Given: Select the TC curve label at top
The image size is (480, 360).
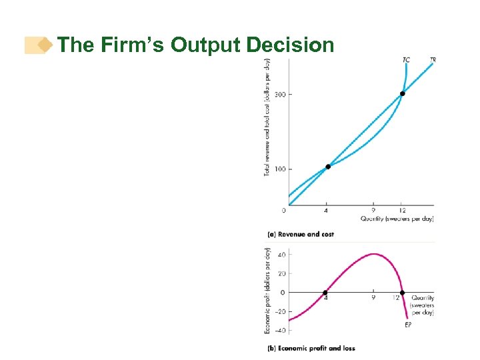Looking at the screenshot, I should click(x=406, y=61).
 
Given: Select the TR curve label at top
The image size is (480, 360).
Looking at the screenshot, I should click(x=433, y=61).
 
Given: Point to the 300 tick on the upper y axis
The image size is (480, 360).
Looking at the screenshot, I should click(x=279, y=95).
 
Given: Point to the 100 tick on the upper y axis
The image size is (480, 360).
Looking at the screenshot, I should click(x=279, y=169).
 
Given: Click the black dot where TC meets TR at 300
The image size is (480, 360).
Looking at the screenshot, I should click(x=402, y=93).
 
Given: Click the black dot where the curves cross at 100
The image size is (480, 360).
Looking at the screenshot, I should click(x=327, y=167).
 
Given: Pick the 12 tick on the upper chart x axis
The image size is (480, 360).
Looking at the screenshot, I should click(x=402, y=211).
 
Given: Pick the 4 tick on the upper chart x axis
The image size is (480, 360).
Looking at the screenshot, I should click(x=326, y=211).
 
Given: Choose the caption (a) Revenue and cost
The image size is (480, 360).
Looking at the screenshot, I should click(x=301, y=235).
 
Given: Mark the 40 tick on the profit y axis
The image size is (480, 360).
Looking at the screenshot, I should click(x=281, y=254).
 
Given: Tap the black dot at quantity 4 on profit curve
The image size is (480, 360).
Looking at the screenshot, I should click(x=326, y=293).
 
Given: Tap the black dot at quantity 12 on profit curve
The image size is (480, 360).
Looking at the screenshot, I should click(x=402, y=293).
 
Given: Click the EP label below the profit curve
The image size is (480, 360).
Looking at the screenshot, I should click(x=408, y=325).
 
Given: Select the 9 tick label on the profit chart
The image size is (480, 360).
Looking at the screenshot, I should click(x=373, y=298).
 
